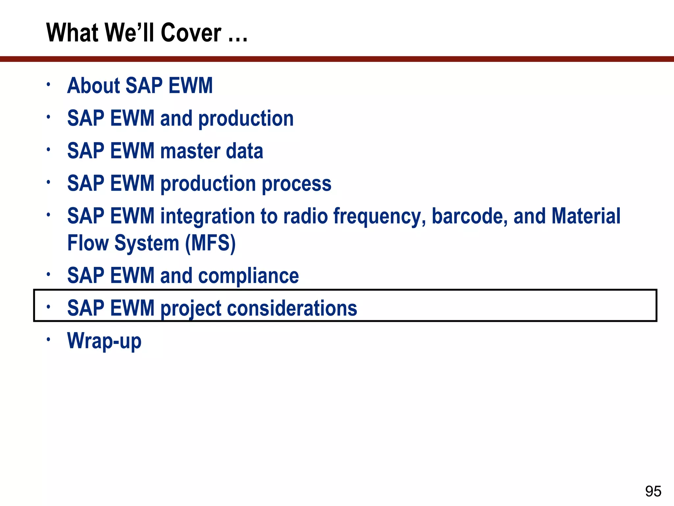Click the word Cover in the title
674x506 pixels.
click(x=191, y=33)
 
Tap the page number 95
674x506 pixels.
click(x=653, y=491)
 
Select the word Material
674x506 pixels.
click(x=586, y=216)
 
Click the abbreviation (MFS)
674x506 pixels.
click(x=210, y=243)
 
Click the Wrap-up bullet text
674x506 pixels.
click(x=104, y=341)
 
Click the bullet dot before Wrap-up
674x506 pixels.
click(x=48, y=339)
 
